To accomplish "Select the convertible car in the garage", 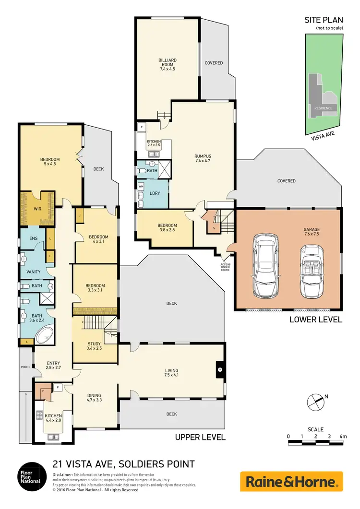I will coord(310,272).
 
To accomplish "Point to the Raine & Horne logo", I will coord(291,481).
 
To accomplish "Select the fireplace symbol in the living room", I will coord(219,370).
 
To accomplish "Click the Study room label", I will coord(94,343).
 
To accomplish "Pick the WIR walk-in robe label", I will coord(37,209).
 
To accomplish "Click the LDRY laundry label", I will coord(155,193).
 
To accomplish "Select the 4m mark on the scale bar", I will coord(342,437).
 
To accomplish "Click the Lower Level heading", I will coord(316,320).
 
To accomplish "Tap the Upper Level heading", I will coord(200,437).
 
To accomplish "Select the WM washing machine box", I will coord(141,185).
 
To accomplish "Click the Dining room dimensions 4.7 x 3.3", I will coord(95,399).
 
